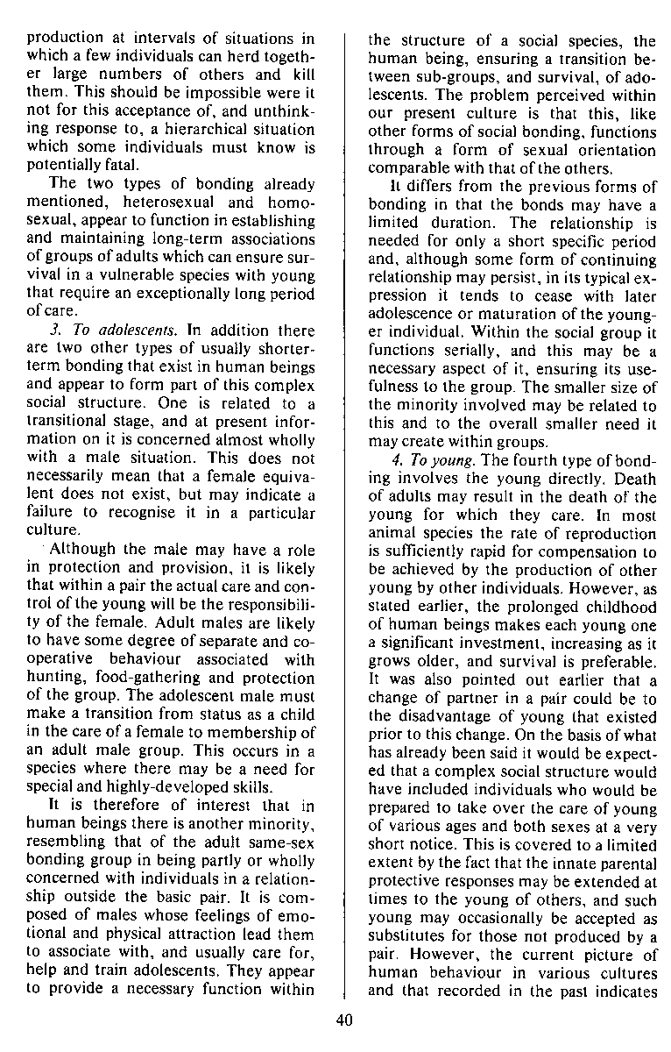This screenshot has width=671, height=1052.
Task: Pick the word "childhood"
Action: (x=622, y=607)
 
